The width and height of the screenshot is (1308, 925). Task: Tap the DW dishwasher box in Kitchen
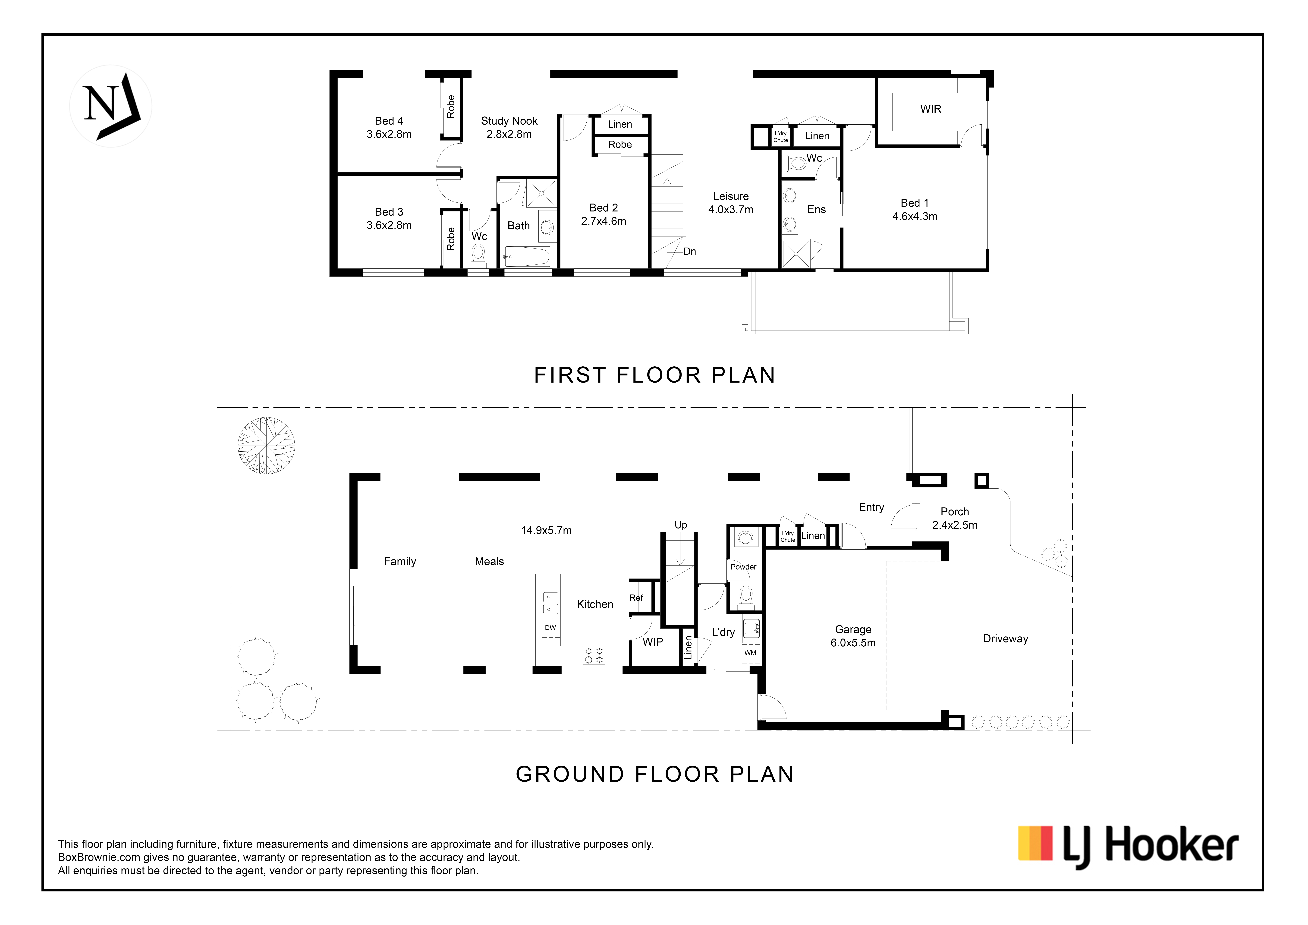tap(550, 628)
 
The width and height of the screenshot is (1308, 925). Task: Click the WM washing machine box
tap(750, 653)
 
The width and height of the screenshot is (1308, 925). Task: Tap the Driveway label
tap(1006, 639)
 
